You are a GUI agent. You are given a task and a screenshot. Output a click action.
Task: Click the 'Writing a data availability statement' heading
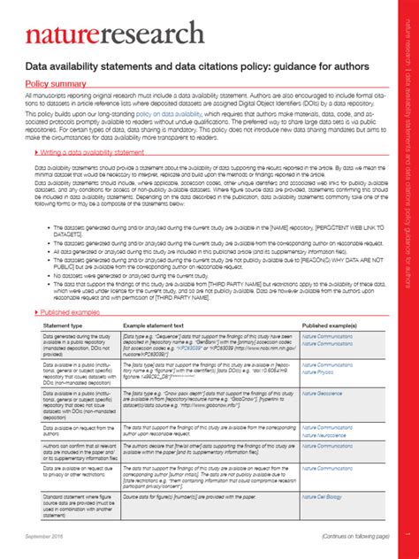pos(98,151)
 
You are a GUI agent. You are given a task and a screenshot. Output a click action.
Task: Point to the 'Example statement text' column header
pos(153,325)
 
